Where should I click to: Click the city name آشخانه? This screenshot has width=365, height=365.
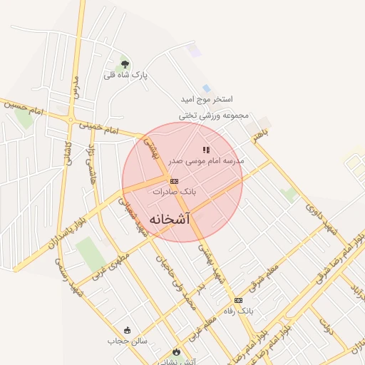(x=170, y=219)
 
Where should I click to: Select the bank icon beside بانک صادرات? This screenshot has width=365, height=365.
(x=175, y=181)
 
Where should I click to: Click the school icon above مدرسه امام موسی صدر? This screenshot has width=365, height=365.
(x=206, y=150)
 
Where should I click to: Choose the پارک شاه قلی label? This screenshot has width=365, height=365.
(x=125, y=75)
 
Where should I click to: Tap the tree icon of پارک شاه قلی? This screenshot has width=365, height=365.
(x=125, y=64)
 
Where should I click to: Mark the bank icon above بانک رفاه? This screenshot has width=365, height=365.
(x=238, y=300)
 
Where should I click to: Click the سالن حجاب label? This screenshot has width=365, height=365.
(x=128, y=341)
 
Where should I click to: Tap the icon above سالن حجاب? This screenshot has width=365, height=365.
(x=128, y=330)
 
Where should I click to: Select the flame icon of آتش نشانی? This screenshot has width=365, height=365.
(x=176, y=351)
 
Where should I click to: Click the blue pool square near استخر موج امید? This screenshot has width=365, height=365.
(x=206, y=88)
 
